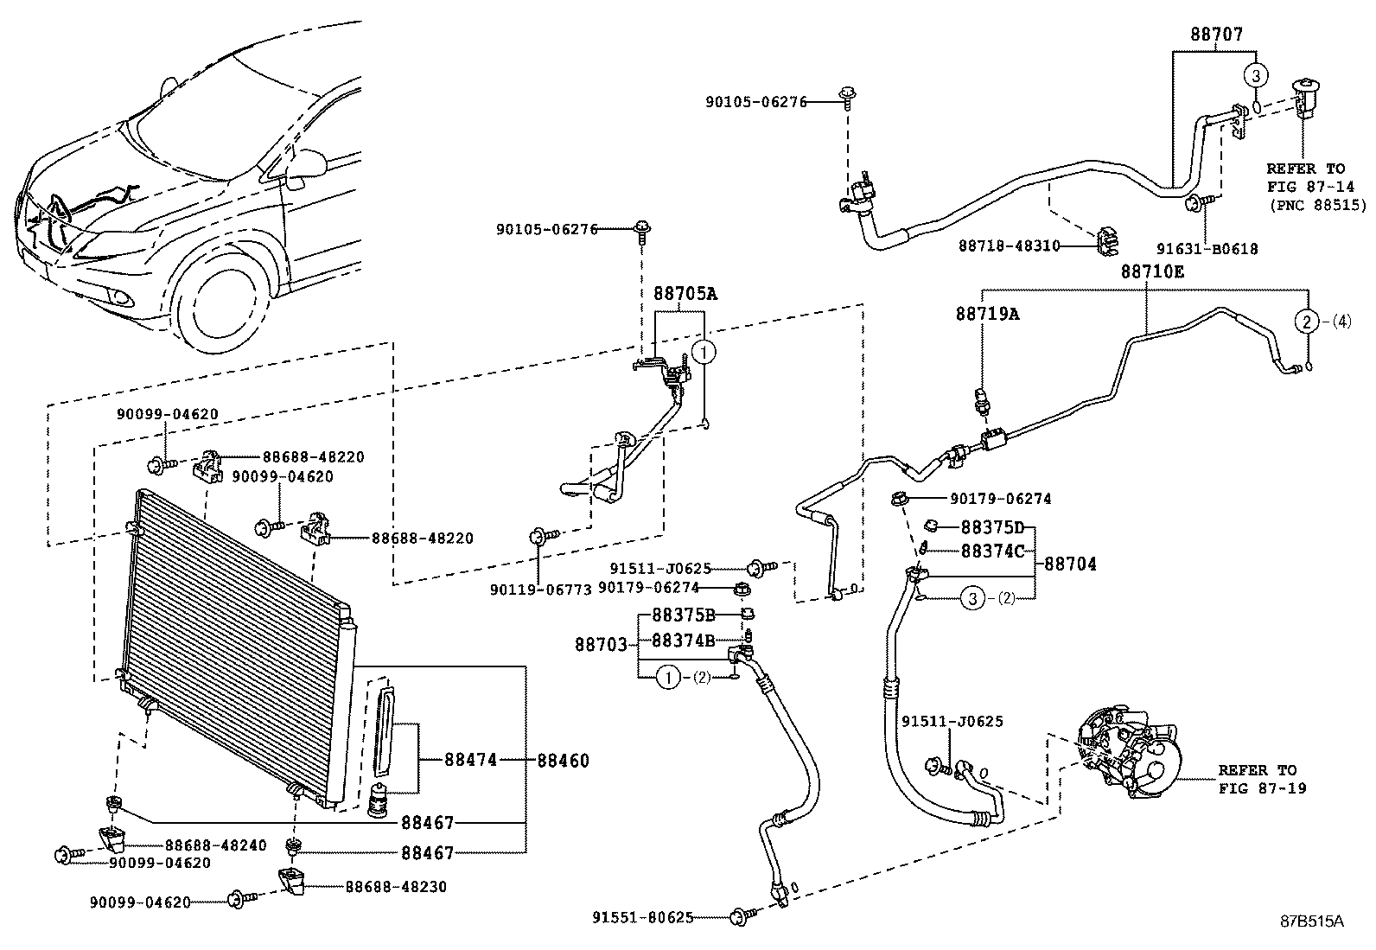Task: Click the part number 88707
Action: click(1217, 34)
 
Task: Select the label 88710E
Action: click(1152, 271)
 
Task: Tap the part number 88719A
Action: click(987, 314)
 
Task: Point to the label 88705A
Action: click(685, 294)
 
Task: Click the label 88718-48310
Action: click(1010, 245)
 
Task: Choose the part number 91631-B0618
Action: click(1207, 249)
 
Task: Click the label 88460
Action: click(564, 761)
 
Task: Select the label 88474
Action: click(470, 760)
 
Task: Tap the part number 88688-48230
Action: click(396, 887)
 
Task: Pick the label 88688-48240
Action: click(215, 845)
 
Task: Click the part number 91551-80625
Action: click(643, 917)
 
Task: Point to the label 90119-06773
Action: click(540, 590)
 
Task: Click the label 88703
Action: click(601, 645)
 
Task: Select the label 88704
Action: click(1070, 564)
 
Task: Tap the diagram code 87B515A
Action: click(1312, 921)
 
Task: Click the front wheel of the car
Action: click(220, 301)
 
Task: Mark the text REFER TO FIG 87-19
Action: click(1263, 779)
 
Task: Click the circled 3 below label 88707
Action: click(1256, 76)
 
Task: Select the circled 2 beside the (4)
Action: click(1307, 322)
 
